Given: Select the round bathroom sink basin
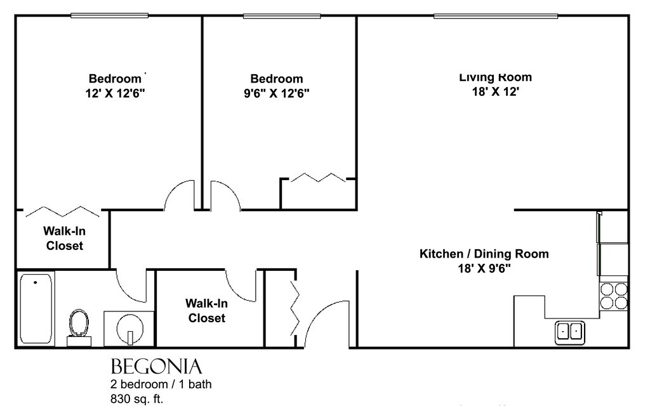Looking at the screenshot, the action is (x=130, y=329).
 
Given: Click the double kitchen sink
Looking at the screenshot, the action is (x=570, y=332).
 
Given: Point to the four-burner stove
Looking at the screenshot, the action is (x=614, y=296).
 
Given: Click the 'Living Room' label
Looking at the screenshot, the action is (x=495, y=77).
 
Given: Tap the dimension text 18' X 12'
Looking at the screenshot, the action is (x=496, y=91).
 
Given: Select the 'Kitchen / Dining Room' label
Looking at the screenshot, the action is (x=484, y=254).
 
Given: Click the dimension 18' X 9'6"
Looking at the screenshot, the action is (x=484, y=268).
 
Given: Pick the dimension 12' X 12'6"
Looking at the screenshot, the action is (x=116, y=93).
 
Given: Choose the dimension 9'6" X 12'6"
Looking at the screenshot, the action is (x=277, y=93).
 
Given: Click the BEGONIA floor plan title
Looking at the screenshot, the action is (x=156, y=367).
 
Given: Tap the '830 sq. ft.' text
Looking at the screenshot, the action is (x=137, y=400).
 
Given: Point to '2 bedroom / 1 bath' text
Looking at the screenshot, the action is (x=161, y=384).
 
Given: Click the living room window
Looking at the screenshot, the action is (x=495, y=16).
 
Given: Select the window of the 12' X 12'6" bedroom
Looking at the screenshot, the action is (x=109, y=16).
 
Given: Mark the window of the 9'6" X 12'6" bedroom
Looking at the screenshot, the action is (x=282, y=16).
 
